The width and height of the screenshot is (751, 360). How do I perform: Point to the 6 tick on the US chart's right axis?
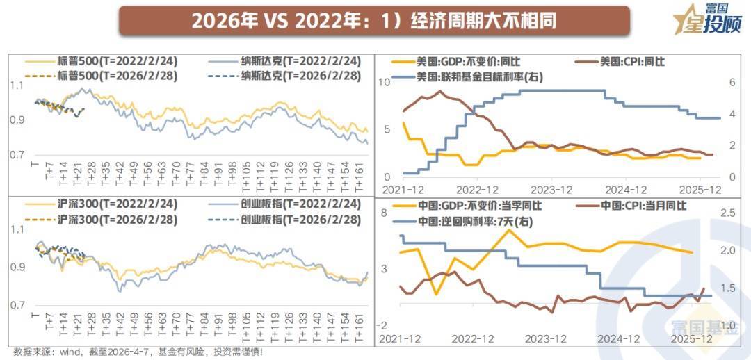(732, 83)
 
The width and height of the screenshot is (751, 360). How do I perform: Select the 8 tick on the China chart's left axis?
(384, 213)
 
